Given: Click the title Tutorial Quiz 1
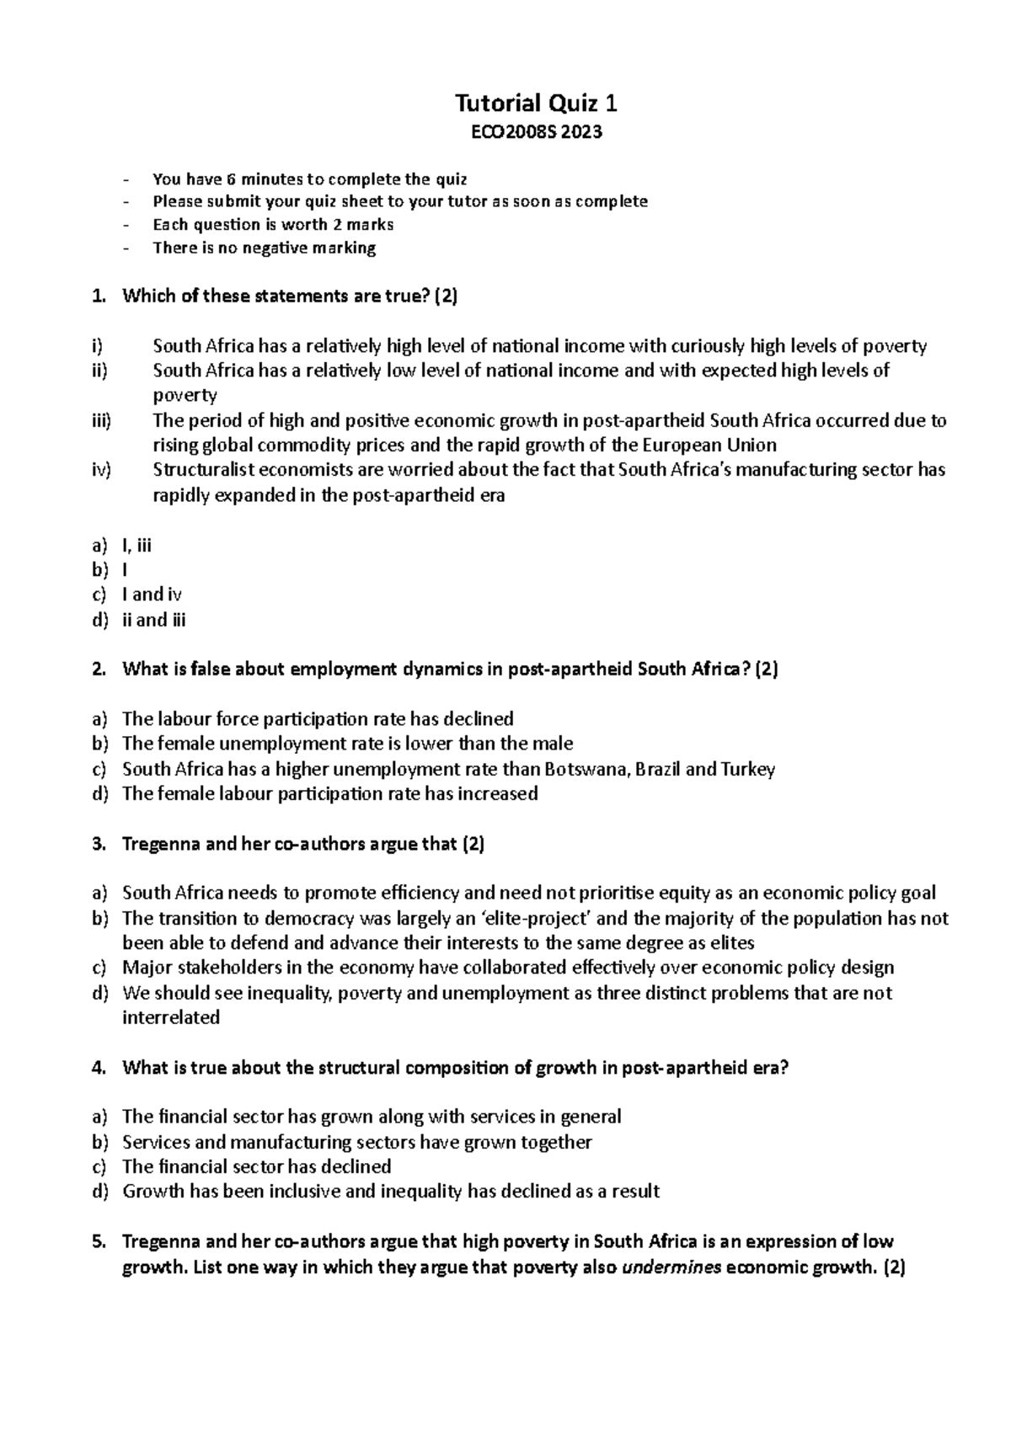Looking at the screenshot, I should (536, 104).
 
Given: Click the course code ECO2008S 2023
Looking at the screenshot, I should (536, 132).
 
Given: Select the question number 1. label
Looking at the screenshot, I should (99, 296).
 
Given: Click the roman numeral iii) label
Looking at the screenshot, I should (101, 420).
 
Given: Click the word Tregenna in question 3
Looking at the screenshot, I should (161, 844).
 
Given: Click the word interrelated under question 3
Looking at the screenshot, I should (171, 1017).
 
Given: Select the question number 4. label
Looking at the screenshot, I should (99, 1068).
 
